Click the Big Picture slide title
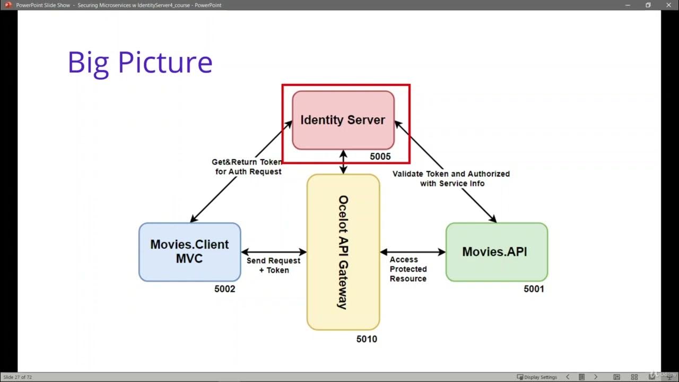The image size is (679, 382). point(140,63)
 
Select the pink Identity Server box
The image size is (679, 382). point(343,120)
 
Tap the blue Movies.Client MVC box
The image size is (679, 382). point(189,251)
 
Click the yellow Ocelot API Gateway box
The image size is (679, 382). point(343,252)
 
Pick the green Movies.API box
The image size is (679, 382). point(496,251)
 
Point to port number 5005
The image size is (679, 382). point(380,157)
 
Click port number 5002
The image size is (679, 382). point(224,289)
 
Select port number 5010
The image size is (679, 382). point(367,339)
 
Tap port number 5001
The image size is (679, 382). point(534,289)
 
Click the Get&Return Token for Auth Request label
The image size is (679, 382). point(247,167)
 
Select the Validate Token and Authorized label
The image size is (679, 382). point(451,178)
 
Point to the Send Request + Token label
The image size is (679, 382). point(273,265)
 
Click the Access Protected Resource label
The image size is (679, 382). point(408,269)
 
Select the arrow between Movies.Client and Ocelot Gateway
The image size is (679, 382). point(274,252)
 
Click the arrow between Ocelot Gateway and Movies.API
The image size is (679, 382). point(413,252)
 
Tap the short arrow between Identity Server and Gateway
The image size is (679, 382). point(343,162)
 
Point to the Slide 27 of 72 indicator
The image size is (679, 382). point(18,377)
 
